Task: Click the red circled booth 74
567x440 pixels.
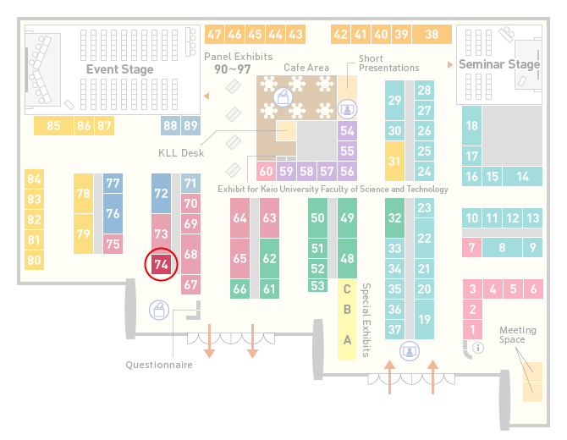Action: [161, 264]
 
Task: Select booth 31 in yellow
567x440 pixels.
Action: [394, 161]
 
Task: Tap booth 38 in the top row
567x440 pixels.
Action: [432, 35]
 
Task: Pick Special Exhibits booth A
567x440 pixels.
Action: [347, 340]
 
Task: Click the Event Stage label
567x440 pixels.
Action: [119, 69]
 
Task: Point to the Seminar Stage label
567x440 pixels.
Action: [499, 64]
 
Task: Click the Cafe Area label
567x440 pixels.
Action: [306, 68]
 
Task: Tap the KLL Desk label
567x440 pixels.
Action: [181, 153]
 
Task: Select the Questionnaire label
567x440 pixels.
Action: [159, 365]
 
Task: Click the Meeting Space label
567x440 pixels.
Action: [517, 335]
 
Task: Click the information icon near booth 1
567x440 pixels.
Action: [478, 348]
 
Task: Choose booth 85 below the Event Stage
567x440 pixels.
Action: [53, 126]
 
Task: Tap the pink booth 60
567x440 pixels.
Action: [266, 171]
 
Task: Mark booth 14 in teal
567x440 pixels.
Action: [522, 177]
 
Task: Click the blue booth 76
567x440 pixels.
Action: [113, 214]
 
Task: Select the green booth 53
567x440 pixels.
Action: [318, 286]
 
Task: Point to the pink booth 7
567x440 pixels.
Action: [471, 248]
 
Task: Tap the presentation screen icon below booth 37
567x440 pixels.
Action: [410, 351]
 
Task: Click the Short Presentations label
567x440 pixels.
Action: [388, 63]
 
